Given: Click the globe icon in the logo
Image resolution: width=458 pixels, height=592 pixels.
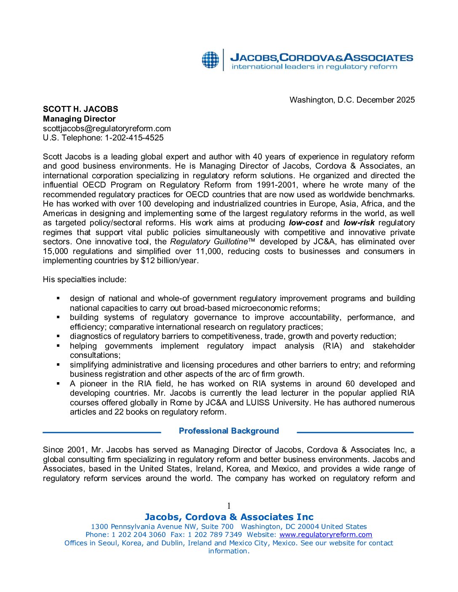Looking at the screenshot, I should point(210,60).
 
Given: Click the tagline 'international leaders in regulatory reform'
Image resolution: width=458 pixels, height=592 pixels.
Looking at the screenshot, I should point(314,67).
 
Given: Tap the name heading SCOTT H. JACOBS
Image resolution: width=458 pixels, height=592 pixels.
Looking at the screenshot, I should point(80,109).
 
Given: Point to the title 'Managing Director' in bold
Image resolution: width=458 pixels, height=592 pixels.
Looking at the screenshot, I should point(79,119).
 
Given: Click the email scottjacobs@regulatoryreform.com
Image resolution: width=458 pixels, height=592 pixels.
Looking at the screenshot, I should point(107,128).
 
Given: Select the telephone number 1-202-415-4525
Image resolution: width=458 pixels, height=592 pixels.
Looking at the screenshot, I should point(134,138).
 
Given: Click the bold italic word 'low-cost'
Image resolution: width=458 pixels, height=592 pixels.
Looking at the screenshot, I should point(306,223).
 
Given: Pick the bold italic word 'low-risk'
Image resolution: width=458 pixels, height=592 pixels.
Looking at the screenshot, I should point(359,223).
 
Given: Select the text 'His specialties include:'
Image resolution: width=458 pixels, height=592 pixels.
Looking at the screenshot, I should point(85,280).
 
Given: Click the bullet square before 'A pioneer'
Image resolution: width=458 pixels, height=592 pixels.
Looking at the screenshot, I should point(59,383).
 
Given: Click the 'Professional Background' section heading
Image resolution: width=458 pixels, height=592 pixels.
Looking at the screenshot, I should point(229,431).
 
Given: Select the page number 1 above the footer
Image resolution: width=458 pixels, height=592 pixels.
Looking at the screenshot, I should point(229,506).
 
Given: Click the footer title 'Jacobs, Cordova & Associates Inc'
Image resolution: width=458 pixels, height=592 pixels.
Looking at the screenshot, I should point(229,517).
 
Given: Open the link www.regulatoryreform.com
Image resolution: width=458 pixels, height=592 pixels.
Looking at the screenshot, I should point(325,535).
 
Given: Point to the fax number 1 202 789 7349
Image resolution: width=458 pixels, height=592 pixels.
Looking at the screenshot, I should point(215,535).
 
